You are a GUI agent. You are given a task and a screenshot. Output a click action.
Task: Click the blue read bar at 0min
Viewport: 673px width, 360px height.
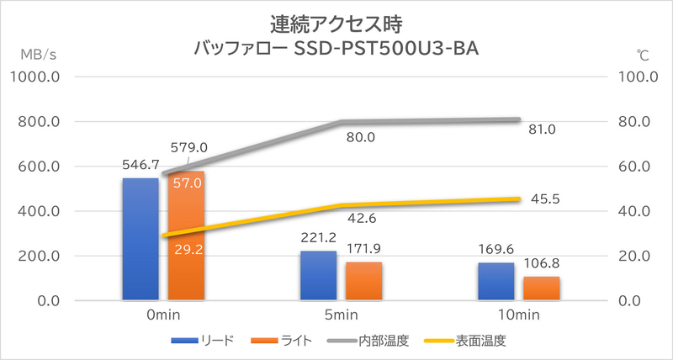pos(140,239)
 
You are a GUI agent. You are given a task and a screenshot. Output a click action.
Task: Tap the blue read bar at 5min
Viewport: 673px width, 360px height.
pos(318,275)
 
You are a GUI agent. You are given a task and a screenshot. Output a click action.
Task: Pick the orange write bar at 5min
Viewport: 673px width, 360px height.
pos(363,281)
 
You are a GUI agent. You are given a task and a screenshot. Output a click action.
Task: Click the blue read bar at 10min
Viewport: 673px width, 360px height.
pos(496,281)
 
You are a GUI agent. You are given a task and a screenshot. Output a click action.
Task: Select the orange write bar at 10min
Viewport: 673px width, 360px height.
pos(542,288)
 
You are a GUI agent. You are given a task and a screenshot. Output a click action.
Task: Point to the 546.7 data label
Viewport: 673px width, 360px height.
pos(140,167)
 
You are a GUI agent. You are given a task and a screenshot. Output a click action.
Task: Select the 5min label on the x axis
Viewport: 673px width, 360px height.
pos(341,315)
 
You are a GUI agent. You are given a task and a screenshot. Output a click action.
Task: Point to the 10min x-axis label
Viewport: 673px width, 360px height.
pos(519,315)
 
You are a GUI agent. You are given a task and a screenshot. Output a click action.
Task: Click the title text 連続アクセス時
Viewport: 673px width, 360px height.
pos(336,18)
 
